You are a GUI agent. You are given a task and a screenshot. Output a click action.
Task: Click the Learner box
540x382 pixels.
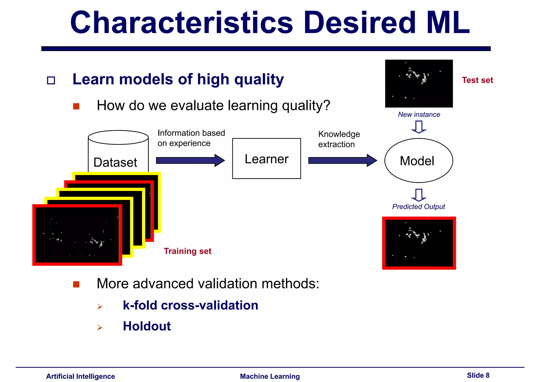pos(266,159)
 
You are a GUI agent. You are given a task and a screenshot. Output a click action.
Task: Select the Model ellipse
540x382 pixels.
pos(418,161)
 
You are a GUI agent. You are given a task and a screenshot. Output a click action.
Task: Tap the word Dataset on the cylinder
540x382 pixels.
pos(115,162)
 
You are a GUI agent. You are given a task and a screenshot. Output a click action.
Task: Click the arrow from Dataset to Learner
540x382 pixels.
pos(190,160)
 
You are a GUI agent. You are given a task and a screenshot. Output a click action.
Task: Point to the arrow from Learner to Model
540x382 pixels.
pos(342,160)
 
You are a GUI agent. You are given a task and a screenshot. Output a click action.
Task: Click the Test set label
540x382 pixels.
pos(477,80)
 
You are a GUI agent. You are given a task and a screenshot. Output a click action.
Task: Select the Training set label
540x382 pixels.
pos(187,251)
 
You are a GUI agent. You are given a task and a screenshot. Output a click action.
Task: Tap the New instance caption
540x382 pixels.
pos(419,114)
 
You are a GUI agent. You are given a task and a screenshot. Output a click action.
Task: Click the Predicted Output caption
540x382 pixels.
pos(418,207)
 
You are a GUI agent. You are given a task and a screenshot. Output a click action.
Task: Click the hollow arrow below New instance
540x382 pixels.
pos(419,127)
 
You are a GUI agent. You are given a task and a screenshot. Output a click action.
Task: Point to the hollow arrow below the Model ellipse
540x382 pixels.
pos(419,195)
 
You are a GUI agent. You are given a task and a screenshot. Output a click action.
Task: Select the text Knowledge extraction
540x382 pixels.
pos(339,139)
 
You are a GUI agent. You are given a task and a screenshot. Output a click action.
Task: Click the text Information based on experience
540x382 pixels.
pos(191,138)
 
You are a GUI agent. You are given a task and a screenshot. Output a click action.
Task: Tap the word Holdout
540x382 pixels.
pos(147,326)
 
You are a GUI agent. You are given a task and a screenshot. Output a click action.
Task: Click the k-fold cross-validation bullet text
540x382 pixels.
pos(190,305)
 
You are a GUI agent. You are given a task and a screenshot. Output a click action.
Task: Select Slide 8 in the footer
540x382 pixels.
pos(478,375)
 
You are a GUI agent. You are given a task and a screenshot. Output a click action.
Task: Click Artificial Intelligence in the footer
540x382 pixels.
pos(80,376)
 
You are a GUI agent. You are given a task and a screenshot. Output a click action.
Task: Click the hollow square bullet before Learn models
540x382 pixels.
pos(51,80)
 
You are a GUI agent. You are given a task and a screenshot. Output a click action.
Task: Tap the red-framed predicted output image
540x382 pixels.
pos(419,243)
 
